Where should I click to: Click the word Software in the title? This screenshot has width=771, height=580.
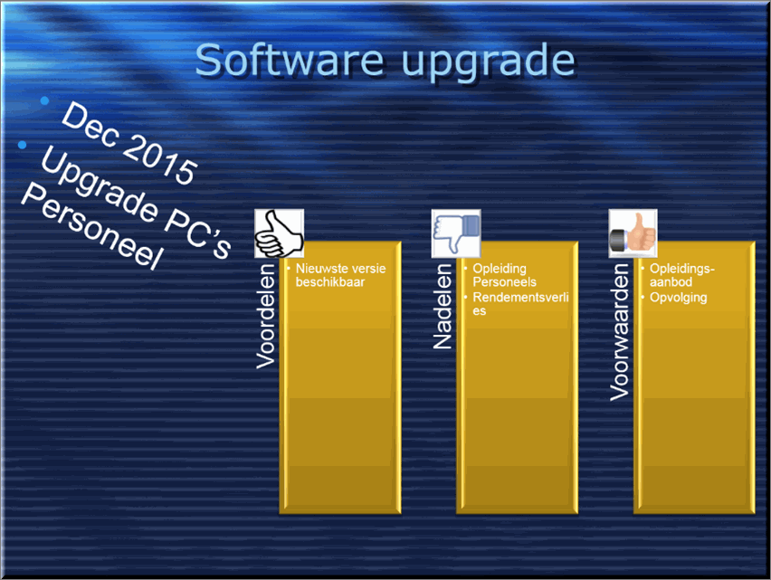click(290, 60)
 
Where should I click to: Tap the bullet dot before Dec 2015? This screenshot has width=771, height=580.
click(44, 100)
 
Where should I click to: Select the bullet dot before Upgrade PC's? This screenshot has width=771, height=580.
click(22, 145)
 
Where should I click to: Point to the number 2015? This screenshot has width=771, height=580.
click(160, 157)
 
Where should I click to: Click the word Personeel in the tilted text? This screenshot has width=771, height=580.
click(91, 226)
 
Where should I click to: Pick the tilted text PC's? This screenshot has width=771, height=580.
click(197, 231)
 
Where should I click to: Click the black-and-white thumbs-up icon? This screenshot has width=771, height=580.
click(279, 233)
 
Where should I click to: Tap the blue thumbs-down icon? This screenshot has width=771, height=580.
click(456, 233)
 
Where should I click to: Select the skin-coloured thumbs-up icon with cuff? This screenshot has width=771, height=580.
click(633, 233)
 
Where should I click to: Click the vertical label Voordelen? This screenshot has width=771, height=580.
click(266, 316)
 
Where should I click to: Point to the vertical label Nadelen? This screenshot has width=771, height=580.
click(443, 306)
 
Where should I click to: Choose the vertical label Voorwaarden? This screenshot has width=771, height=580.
click(620, 332)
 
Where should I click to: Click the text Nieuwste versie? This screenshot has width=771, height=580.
click(341, 269)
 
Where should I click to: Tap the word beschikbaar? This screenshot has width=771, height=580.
click(330, 282)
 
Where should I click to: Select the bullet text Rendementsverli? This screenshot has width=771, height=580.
click(520, 298)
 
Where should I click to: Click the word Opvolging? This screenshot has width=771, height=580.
click(679, 298)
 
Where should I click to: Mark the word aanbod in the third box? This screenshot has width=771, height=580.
click(671, 282)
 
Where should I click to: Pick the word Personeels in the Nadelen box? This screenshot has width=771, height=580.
click(504, 282)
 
